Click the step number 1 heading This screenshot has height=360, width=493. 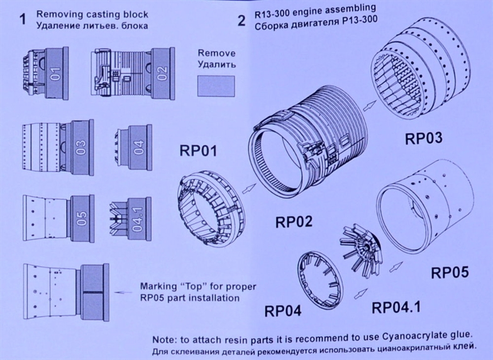23,20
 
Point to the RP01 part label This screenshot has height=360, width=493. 199,151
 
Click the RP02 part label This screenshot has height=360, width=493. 294,221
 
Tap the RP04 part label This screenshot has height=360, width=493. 283,310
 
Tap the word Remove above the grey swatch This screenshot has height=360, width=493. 216,53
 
